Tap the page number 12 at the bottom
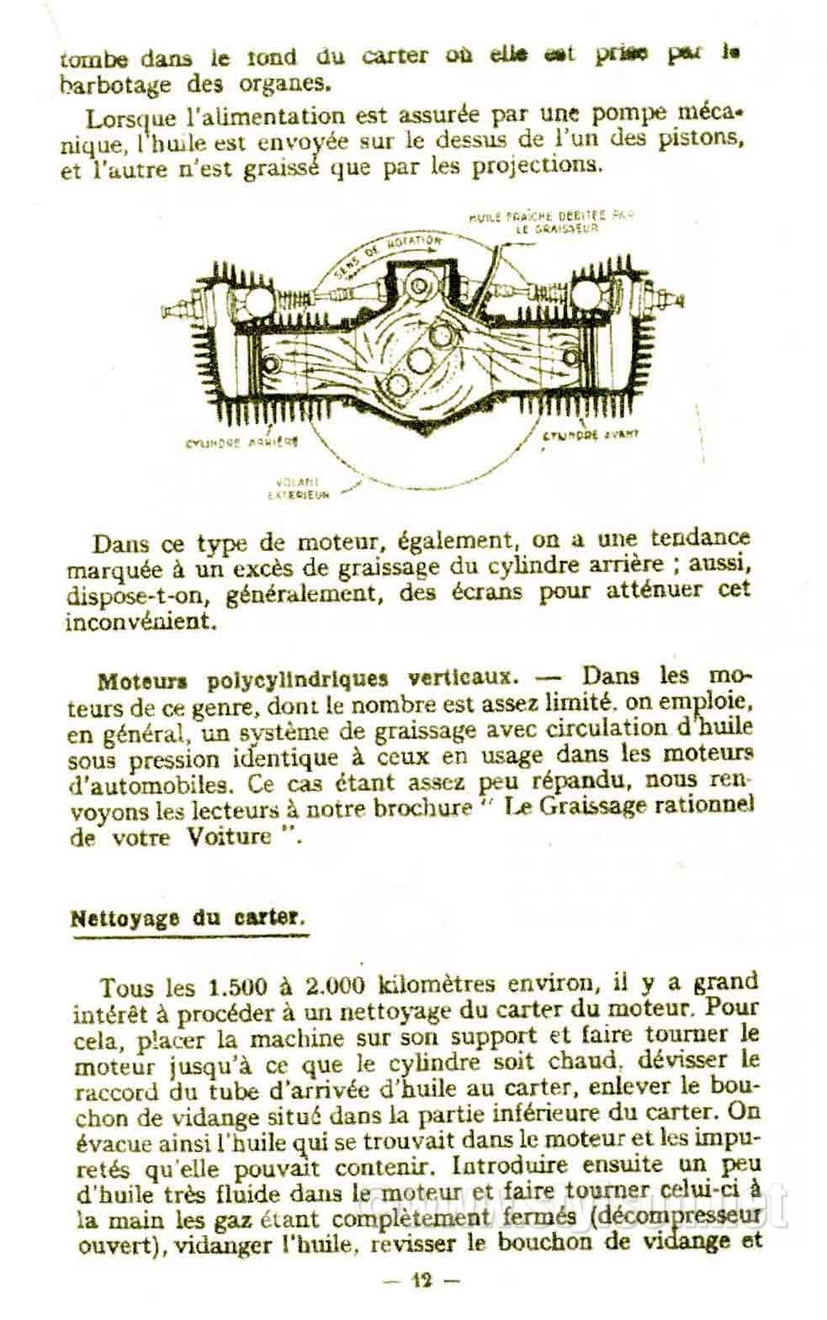[420, 1281]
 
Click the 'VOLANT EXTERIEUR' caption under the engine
[299, 490]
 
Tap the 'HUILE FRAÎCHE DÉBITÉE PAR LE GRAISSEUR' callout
[551, 222]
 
